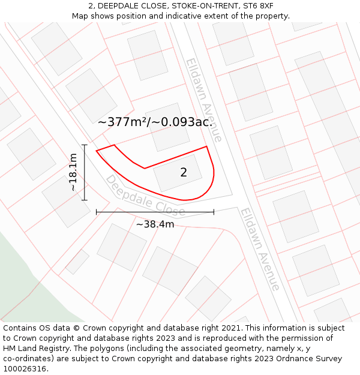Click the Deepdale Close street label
[145, 196]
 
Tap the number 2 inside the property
[184, 173]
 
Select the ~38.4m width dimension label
[155, 224]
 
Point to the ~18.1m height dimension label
[73, 172]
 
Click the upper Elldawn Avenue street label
[204, 100]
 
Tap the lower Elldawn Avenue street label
[260, 249]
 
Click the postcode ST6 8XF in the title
[258, 6]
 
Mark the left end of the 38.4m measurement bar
[97, 212]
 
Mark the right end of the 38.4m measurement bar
[214, 212]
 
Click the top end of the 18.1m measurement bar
[85, 145]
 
